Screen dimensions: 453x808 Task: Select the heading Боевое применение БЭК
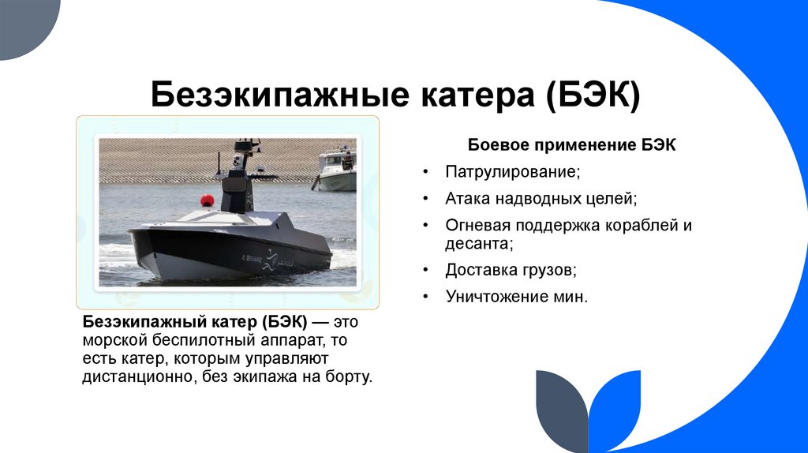point(572,146)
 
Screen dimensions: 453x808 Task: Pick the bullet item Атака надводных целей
point(541,198)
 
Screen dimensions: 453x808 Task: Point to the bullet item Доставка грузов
point(511,270)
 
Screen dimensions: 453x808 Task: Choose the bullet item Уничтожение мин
point(517,297)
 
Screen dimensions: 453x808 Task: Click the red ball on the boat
point(209,197)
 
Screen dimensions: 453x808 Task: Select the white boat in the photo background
point(336,167)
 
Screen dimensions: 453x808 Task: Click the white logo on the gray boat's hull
point(271,256)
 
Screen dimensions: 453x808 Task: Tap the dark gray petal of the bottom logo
point(561,410)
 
